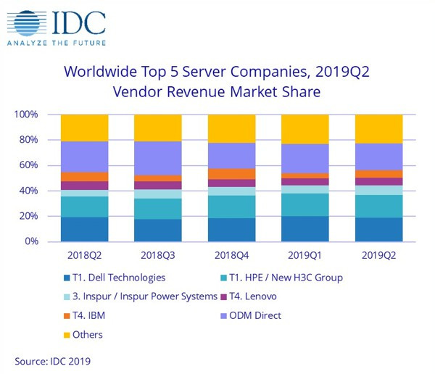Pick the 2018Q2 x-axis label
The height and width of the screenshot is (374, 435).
click(84, 255)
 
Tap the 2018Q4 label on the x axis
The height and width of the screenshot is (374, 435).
click(232, 255)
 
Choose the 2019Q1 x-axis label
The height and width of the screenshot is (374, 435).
click(305, 255)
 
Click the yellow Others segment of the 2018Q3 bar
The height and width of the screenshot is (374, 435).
click(158, 128)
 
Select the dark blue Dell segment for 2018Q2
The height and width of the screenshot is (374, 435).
click(84, 229)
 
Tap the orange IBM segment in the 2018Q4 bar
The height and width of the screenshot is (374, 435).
click(232, 174)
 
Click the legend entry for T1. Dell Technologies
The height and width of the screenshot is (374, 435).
click(119, 278)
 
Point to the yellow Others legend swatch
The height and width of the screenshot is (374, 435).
click(65, 335)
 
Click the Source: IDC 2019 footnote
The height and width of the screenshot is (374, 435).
click(52, 360)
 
